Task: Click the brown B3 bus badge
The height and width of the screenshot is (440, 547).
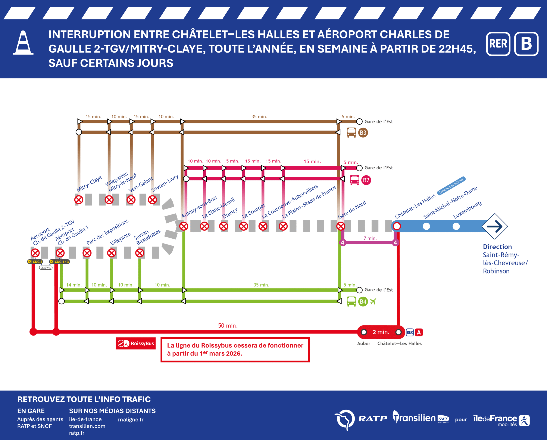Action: pyautogui.click(x=363, y=133)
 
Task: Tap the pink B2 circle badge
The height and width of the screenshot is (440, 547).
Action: pyautogui.click(x=366, y=180)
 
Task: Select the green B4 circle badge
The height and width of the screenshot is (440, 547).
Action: pyautogui.click(x=363, y=302)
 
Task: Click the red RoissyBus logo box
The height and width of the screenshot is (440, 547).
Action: pyautogui.click(x=136, y=343)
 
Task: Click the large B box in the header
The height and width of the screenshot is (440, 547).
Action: pyautogui.click(x=526, y=44)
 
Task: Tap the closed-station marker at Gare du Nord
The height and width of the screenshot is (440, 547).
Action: pyautogui.click(x=341, y=226)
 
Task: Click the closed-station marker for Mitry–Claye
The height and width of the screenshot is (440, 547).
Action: pyautogui.click(x=79, y=200)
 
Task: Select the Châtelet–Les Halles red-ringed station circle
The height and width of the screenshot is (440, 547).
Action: pyautogui.click(x=397, y=226)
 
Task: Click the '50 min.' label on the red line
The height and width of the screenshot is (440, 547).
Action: pyautogui.click(x=228, y=326)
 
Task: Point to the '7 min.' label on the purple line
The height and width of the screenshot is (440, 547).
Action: pyautogui.click(x=370, y=238)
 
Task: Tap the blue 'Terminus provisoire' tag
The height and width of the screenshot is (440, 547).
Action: pyautogui.click(x=451, y=186)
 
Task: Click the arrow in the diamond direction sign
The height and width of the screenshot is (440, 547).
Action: pyautogui.click(x=494, y=226)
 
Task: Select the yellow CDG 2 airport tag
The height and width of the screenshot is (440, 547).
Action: pyautogui.click(x=35, y=262)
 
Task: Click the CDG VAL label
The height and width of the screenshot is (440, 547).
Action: pyautogui.click(x=46, y=268)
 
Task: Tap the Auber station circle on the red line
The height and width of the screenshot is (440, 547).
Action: pyautogui.click(x=364, y=332)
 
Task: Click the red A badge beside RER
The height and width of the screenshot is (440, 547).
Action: pyautogui.click(x=419, y=333)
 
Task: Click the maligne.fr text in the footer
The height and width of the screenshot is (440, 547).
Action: pyautogui.click(x=131, y=420)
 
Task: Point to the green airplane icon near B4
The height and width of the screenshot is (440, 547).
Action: pyautogui.click(x=373, y=302)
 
